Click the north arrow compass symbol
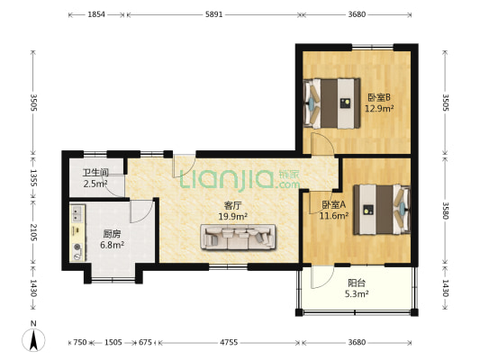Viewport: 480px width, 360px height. [x=33, y=339]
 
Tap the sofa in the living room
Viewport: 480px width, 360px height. [x=238, y=238]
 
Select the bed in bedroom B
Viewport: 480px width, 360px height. [x=331, y=103]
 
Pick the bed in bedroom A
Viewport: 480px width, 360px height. [x=382, y=210]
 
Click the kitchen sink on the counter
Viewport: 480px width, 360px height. [x=77, y=213]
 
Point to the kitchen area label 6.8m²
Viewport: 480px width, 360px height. [x=112, y=245]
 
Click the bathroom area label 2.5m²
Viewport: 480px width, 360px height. [x=95, y=184]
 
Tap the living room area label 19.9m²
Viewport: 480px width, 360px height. [x=233, y=217]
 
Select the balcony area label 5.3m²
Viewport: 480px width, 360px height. [x=357, y=294]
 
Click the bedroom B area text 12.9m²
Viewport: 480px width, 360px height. [x=379, y=108]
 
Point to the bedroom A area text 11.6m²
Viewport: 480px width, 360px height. [x=334, y=216]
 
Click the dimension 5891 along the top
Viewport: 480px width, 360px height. [x=213, y=14]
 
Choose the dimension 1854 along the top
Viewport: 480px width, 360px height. [x=96, y=14]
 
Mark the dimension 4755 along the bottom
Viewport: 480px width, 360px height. [x=229, y=342]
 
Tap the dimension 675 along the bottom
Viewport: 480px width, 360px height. [x=145, y=342]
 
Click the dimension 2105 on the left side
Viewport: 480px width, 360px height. [x=33, y=232]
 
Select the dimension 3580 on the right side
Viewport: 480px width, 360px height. [x=446, y=211]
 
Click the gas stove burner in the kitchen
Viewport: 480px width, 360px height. [x=77, y=247]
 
